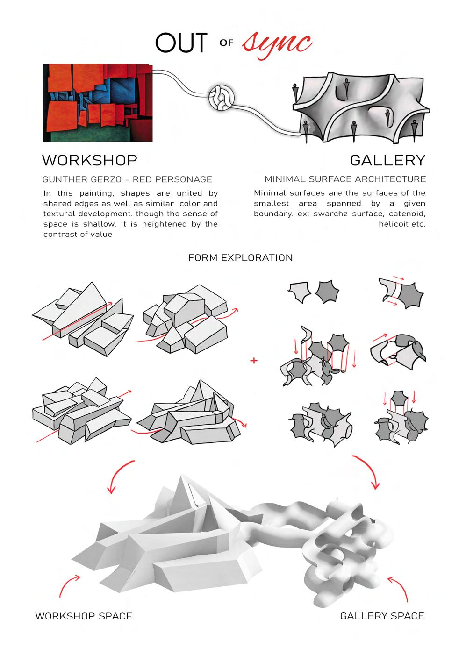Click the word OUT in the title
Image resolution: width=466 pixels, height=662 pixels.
[x=181, y=43]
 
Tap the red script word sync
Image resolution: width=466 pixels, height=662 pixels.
[x=277, y=44]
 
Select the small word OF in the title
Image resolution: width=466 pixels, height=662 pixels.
[x=226, y=43]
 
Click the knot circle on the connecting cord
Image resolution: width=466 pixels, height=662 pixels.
[x=222, y=99]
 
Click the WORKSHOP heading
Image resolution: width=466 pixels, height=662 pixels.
[x=90, y=160]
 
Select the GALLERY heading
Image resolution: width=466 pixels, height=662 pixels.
[x=387, y=160]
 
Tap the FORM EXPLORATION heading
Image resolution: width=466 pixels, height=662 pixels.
[x=240, y=258]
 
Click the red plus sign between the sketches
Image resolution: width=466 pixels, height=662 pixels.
[x=254, y=361]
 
